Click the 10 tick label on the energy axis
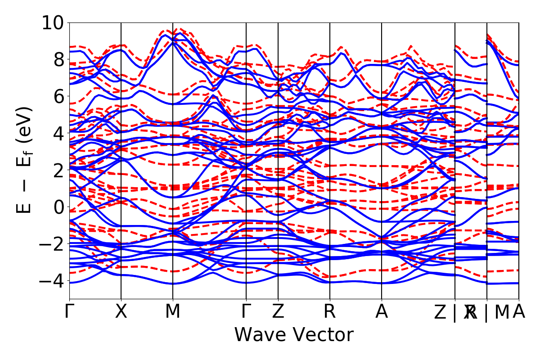click(53, 22)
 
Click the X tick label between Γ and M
click(121, 312)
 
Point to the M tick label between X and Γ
click(173, 312)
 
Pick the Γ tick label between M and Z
click(246, 312)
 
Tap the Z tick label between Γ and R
click(278, 312)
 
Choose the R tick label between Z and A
click(330, 312)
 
